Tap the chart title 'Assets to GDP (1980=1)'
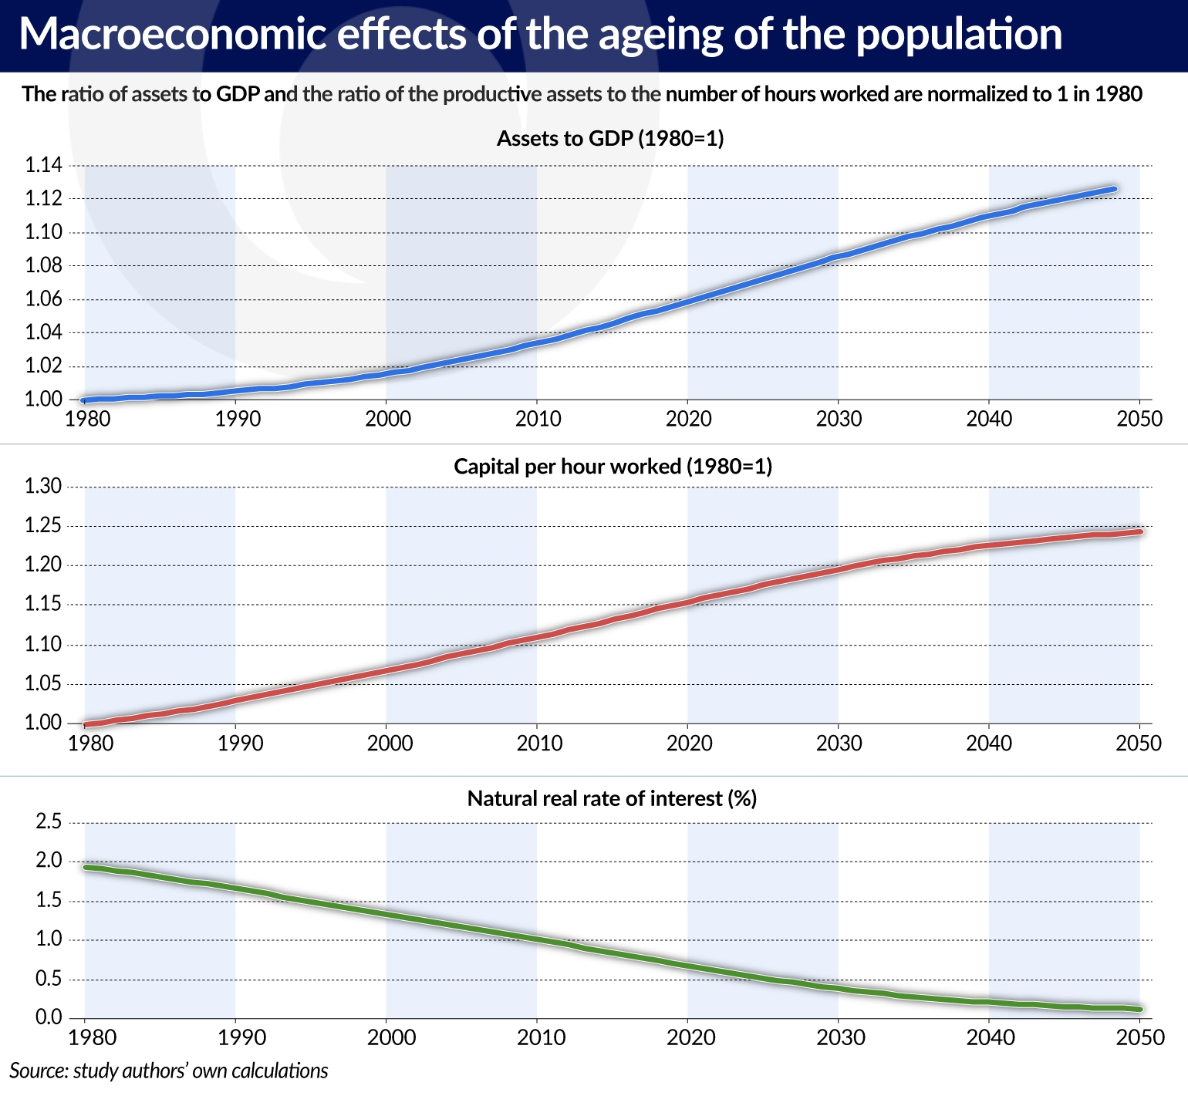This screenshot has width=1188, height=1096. click(609, 139)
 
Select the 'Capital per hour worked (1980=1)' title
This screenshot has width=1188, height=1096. click(613, 467)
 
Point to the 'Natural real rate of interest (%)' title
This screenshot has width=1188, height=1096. click(612, 798)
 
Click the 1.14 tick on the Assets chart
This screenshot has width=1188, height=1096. click(43, 165)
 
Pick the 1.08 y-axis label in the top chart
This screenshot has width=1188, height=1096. click(43, 266)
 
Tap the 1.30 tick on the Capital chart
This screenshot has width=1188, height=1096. click(43, 486)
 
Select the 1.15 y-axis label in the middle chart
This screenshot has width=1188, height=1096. click(43, 605)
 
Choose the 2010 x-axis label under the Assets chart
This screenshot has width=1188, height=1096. click(538, 419)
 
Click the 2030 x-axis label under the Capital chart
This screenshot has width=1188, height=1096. click(839, 744)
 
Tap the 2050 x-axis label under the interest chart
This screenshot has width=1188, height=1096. click(1141, 1037)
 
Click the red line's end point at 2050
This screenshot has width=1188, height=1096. click(1139, 531)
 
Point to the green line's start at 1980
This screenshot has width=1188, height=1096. click(86, 868)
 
